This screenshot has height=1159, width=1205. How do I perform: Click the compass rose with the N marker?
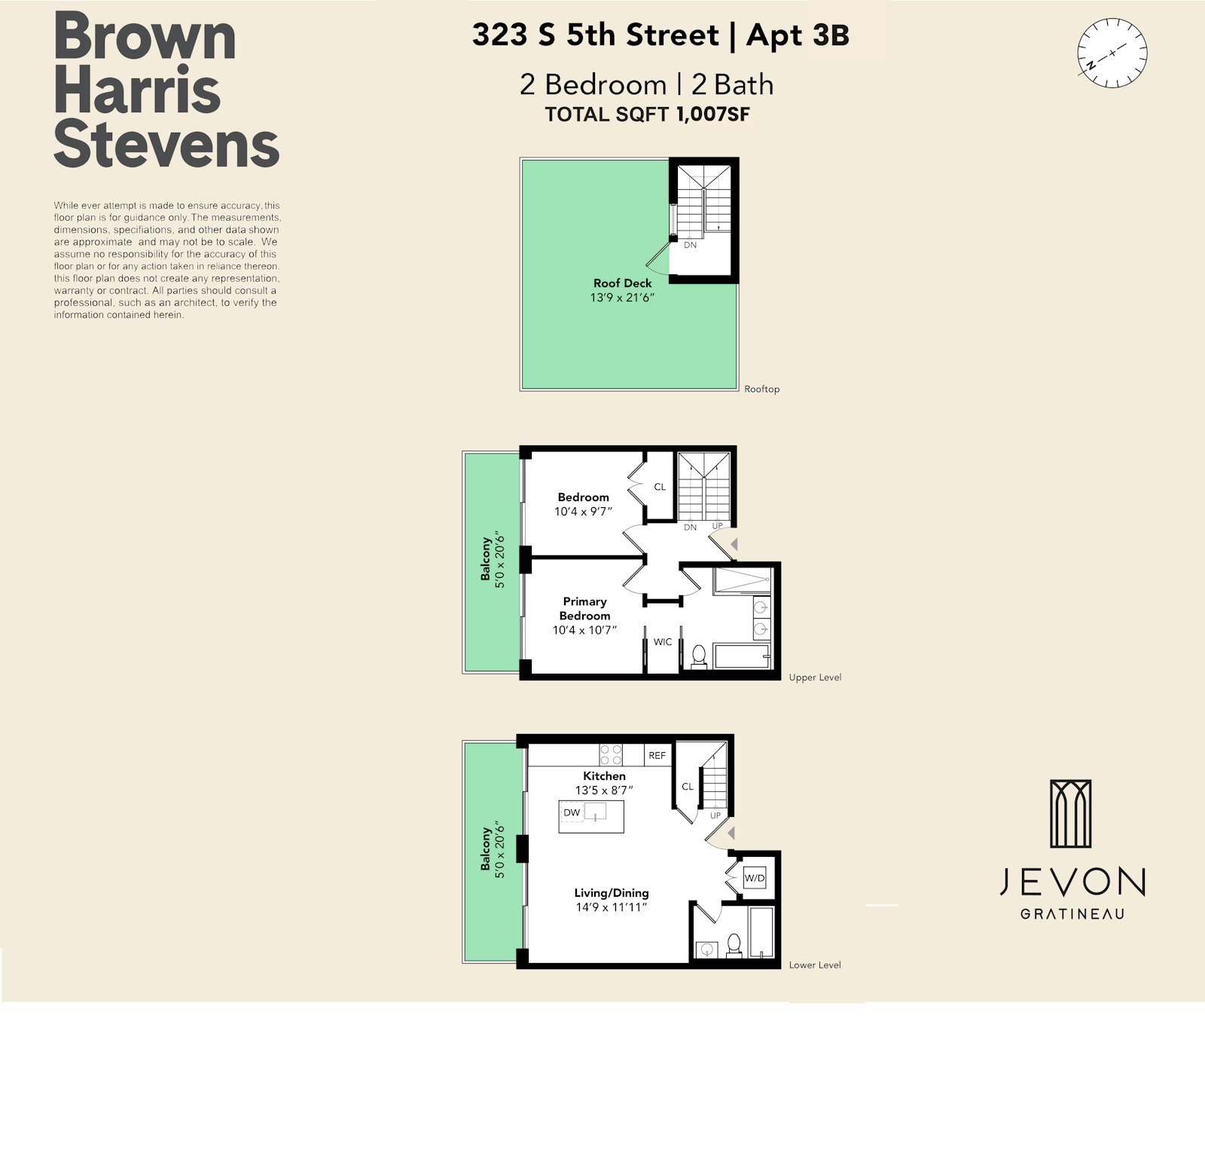click(x=1112, y=54)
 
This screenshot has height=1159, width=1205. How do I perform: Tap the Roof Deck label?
click(x=622, y=283)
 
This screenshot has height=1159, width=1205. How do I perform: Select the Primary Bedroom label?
click(x=584, y=608)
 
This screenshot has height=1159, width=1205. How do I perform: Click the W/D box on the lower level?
click(x=754, y=878)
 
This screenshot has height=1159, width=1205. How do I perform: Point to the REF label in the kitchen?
click(x=657, y=755)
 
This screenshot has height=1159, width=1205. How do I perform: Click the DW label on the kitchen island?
click(x=572, y=812)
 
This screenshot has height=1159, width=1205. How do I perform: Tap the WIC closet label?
click(x=663, y=642)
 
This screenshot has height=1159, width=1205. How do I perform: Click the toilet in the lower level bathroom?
click(x=734, y=945)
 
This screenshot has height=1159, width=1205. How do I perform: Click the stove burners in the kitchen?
click(x=611, y=755)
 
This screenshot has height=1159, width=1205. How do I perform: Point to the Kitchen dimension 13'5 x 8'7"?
click(x=604, y=791)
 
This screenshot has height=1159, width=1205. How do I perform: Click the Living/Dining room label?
click(x=612, y=893)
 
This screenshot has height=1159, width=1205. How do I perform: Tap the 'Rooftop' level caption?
click(x=761, y=389)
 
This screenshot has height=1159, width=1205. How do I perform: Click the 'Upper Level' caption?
click(x=815, y=677)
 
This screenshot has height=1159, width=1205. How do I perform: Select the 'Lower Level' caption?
click(x=815, y=965)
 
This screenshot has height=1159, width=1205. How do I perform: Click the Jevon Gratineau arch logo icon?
click(x=1071, y=814)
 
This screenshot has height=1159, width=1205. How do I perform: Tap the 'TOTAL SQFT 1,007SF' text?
click(x=647, y=115)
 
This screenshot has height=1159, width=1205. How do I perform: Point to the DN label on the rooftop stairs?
click(x=690, y=245)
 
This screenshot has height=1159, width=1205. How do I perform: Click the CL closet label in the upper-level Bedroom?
click(x=660, y=487)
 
